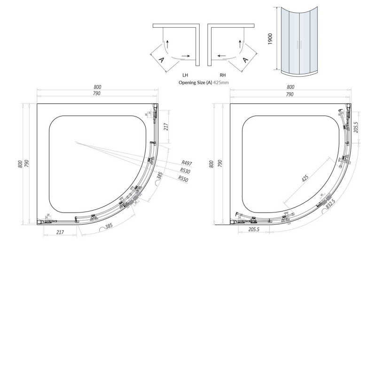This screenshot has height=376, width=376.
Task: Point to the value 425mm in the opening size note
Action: (x=221, y=82)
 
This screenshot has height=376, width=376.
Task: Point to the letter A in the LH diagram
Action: (x=161, y=60)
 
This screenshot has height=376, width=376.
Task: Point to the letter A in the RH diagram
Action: (x=245, y=60)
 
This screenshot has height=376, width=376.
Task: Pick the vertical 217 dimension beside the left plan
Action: (x=166, y=127)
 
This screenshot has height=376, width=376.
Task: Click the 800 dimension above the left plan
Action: (x=97, y=87)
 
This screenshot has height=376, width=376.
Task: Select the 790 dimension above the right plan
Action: (x=290, y=94)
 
